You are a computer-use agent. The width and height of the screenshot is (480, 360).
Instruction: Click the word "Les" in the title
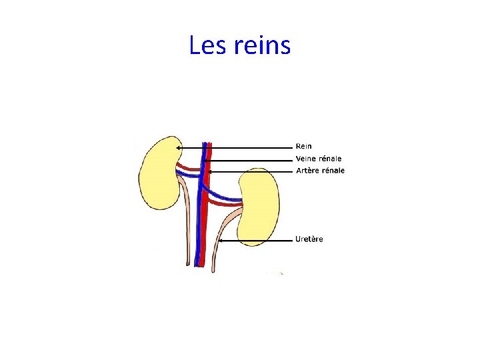pyautogui.click(x=208, y=46)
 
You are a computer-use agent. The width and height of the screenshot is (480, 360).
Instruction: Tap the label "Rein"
pyautogui.click(x=303, y=146)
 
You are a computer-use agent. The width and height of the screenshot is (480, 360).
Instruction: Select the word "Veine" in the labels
pyautogui.click(x=307, y=159)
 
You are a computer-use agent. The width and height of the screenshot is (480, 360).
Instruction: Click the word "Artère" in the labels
pyautogui.click(x=308, y=171)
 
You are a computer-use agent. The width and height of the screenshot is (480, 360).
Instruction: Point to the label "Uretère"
pyautogui.click(x=309, y=239)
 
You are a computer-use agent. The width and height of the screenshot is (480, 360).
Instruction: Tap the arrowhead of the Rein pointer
pyautogui.click(x=178, y=147)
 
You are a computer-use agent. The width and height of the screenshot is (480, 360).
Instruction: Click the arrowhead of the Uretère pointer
pyautogui.click(x=221, y=240)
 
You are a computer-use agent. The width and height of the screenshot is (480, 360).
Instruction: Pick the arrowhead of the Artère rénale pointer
pyautogui.click(x=209, y=171)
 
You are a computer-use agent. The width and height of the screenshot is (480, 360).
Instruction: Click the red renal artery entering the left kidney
pyautogui.click(x=189, y=169)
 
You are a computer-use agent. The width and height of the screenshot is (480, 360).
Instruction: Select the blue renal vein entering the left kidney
pyautogui.click(x=189, y=175)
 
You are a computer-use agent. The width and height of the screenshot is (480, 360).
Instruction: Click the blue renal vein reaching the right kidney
pyautogui.click(x=227, y=197)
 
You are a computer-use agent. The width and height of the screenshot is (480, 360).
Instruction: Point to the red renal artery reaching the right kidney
pyautogui.click(x=230, y=204)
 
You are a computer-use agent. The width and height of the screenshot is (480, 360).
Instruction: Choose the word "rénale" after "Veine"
pyautogui.click(x=331, y=159)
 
